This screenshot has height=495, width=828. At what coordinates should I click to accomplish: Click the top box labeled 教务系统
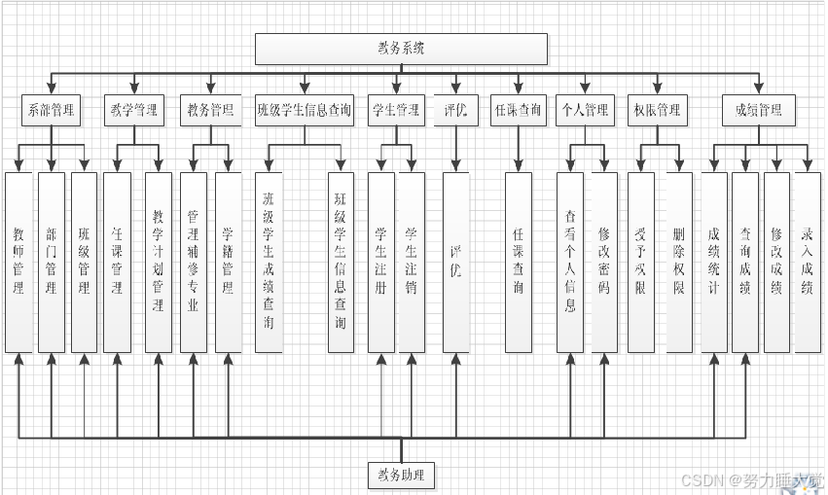pyautogui.click(x=401, y=49)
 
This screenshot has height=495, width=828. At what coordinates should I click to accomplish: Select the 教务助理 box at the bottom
pyautogui.click(x=401, y=476)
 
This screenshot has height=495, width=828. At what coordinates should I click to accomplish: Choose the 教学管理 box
pyautogui.click(x=133, y=110)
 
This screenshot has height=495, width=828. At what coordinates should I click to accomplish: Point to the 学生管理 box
pyautogui.click(x=395, y=110)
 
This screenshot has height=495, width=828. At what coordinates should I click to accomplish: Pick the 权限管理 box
pyautogui.click(x=656, y=110)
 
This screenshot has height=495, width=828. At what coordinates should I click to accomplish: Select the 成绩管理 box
pyautogui.click(x=758, y=110)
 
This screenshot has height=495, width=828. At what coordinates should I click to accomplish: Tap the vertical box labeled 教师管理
pyautogui.click(x=18, y=262)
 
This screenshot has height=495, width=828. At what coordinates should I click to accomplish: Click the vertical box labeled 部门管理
pyautogui.click(x=51, y=262)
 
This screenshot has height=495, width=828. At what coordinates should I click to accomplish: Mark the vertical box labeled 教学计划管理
pyautogui.click(x=159, y=262)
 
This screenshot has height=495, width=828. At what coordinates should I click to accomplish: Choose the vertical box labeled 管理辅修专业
pyautogui.click(x=194, y=262)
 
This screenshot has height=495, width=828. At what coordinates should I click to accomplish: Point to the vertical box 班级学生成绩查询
pyautogui.click(x=269, y=262)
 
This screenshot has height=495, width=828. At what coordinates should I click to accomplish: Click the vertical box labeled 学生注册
pyautogui.click(x=380, y=262)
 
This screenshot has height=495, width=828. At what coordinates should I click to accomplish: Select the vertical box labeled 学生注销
pyautogui.click(x=412, y=262)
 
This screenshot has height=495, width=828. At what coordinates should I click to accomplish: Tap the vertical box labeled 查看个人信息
pyautogui.click(x=570, y=262)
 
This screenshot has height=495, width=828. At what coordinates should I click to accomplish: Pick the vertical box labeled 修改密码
pyautogui.click(x=604, y=262)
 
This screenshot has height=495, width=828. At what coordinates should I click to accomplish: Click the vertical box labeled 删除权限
pyautogui.click(x=678, y=262)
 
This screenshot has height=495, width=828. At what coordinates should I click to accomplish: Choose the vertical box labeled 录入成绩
pyautogui.click(x=808, y=262)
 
